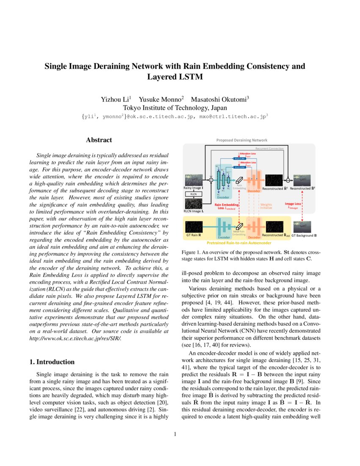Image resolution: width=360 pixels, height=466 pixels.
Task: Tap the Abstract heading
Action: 99,140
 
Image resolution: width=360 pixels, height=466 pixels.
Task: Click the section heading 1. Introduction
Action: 52,362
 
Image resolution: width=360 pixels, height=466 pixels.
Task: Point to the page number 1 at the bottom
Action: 175,434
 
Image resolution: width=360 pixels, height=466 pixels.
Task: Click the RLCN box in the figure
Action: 193,194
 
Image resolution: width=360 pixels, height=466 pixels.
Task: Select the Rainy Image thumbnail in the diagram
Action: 193,179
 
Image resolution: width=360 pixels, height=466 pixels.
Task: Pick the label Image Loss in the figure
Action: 293,204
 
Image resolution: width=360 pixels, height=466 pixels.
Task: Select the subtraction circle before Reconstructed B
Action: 288,180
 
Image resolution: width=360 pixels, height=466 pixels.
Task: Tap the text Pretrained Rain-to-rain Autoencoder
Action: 239,244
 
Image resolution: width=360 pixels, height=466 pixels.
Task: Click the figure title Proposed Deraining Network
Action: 242,140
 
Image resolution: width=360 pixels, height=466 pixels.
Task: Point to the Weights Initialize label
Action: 266,206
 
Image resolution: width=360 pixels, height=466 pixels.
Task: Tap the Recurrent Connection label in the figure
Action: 269,149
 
